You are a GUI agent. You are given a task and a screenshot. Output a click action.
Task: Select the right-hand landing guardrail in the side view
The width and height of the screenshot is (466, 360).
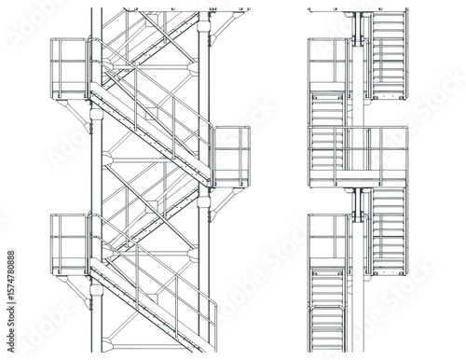point(231,150)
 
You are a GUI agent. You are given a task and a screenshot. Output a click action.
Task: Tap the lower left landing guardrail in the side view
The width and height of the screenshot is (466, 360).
point(68,238)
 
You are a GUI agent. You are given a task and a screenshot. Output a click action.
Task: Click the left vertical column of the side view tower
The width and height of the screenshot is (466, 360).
point(94,177)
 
